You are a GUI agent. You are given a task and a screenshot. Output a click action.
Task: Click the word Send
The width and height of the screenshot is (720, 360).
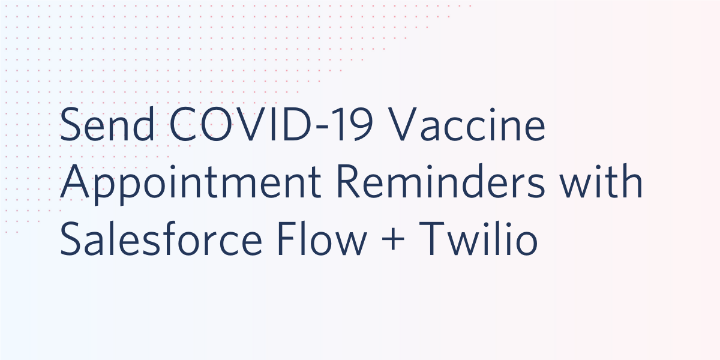(107, 124)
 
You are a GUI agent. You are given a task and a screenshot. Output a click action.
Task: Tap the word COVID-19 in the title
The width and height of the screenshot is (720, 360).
(271, 124)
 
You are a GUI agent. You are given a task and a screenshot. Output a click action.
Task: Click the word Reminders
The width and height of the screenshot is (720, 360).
(440, 182)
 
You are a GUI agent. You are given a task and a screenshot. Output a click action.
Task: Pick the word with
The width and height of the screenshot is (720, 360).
(601, 182)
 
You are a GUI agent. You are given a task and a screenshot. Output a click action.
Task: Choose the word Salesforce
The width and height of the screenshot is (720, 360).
(161, 239)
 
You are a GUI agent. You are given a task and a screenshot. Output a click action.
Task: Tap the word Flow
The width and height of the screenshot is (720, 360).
(322, 239)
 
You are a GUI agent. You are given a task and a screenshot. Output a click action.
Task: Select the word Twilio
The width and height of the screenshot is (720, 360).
(478, 239)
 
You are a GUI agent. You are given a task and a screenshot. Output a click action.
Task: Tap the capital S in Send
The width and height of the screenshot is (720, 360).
(70, 124)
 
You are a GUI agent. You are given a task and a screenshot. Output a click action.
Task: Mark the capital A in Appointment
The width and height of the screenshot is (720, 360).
(74, 182)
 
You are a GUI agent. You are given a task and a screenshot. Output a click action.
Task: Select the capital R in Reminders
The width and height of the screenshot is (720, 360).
(348, 182)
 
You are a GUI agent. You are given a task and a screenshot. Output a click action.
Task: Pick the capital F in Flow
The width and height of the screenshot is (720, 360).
(287, 239)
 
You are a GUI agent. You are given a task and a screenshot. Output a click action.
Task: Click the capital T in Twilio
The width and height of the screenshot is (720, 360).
(431, 239)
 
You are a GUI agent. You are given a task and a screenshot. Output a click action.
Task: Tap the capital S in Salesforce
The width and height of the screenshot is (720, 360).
(70, 239)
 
